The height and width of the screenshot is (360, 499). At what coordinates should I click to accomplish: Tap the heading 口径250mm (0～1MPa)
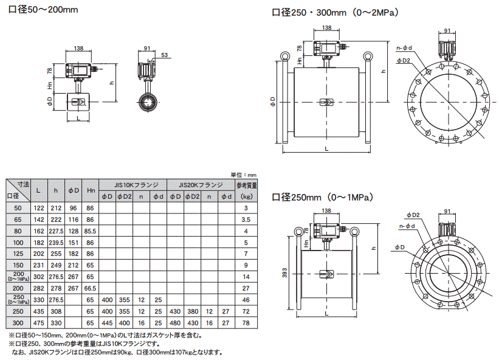click(x=322, y=197)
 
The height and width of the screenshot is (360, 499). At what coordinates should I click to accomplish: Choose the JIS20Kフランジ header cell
click(x=201, y=184)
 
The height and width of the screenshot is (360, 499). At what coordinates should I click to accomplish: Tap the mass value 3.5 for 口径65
click(x=246, y=219)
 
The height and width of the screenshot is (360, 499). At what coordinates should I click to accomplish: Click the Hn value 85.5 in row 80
click(x=91, y=230)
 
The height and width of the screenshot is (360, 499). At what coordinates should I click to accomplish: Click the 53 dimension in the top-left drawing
click(x=165, y=55)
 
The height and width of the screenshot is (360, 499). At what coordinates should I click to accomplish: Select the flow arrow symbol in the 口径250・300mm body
click(x=325, y=102)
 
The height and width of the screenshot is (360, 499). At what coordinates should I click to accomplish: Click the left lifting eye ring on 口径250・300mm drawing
click(x=283, y=57)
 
